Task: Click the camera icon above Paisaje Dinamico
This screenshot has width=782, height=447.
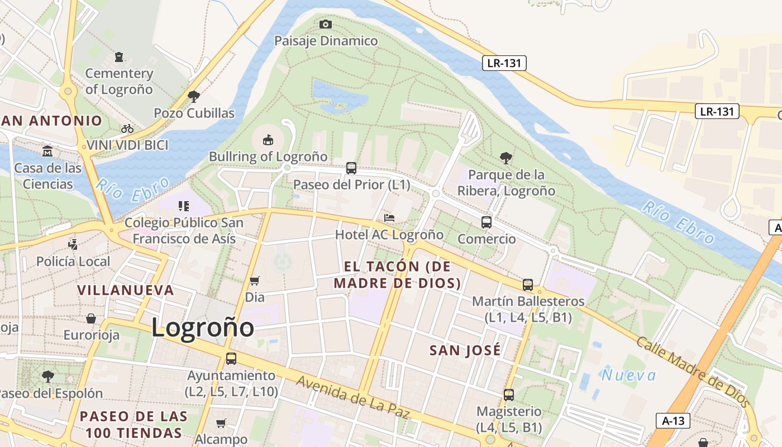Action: pos(326,24)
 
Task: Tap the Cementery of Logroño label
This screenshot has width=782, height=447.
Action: pos(119,81)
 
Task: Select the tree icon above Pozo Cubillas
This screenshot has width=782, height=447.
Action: pos(194,96)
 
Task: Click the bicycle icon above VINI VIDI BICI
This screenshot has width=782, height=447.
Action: pos(127,129)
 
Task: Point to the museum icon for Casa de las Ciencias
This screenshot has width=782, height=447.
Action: pos(47,151)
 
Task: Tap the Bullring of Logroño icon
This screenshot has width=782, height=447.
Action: pos(268,139)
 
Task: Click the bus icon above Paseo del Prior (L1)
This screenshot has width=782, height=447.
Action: pos(351,168)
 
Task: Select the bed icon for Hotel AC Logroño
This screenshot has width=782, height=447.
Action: pos(389,217)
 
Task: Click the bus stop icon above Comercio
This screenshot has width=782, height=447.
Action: pos(487,222)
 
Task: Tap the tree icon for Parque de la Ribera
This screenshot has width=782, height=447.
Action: pos(506,158)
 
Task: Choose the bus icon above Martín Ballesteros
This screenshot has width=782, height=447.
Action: pos(528,284)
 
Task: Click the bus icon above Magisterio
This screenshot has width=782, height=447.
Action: pos(509,394)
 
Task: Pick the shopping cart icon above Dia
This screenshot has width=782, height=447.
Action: pos(255,280)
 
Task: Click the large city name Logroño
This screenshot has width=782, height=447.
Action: pos(203,327)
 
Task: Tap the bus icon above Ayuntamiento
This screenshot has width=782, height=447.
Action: pos(231,359)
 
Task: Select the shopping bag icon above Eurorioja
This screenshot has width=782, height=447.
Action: pos(91,318)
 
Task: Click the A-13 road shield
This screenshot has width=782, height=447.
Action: pos(673,421)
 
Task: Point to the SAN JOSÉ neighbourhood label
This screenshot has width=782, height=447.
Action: pos(465,351)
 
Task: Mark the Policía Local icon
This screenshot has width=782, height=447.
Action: pos(73,244)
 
